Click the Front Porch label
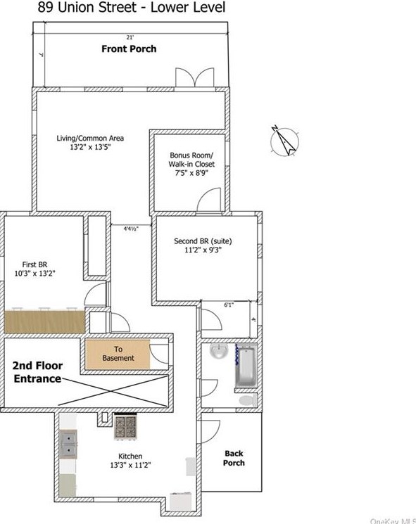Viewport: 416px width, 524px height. [x=129, y=49]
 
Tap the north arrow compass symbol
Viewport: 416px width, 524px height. [x=284, y=141]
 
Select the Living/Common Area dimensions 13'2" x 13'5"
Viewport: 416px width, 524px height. [x=90, y=147]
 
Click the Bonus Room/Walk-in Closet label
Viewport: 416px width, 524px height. [x=191, y=160]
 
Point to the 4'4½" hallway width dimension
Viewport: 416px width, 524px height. [x=131, y=229]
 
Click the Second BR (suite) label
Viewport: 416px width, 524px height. [x=203, y=241]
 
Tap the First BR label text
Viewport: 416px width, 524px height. [x=34, y=264]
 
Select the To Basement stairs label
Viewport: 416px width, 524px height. [x=118, y=354]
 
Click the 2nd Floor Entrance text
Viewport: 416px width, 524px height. [x=37, y=372]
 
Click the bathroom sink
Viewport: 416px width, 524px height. [x=219, y=351]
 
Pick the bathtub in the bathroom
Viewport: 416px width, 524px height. [x=246, y=366]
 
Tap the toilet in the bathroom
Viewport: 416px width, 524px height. [x=248, y=400]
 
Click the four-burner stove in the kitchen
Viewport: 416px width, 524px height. [x=125, y=426]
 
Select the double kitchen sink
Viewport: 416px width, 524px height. [x=68, y=444]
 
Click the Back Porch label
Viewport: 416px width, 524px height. [x=234, y=458]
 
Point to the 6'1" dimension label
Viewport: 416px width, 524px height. [x=229, y=305]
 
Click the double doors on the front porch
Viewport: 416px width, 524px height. [x=194, y=77]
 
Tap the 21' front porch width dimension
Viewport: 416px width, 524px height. [x=130, y=37]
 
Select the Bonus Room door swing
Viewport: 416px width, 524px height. [x=209, y=200]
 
